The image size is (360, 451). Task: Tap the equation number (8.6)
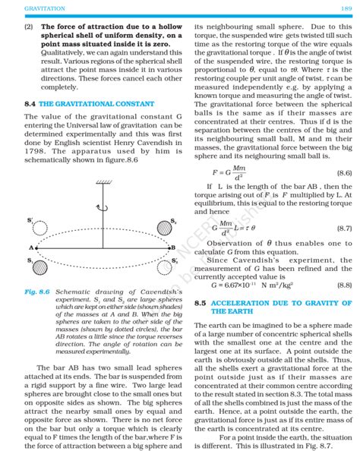coord(343,173)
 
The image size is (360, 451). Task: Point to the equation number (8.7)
coord(343,228)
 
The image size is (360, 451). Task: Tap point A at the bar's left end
coord(33,248)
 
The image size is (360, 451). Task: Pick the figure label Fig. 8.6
coord(36,292)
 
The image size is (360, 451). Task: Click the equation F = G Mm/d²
coord(229,173)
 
